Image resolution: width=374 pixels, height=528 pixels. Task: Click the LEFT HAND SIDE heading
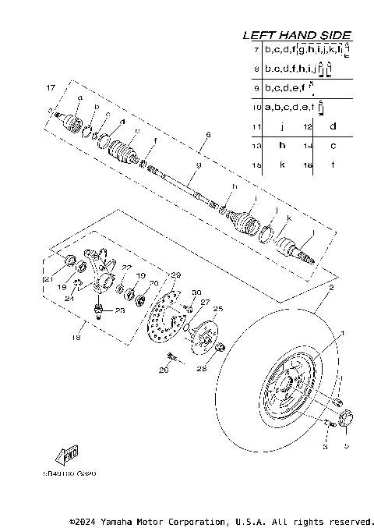pos(297,35)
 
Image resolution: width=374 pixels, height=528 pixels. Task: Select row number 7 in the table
pos(256,49)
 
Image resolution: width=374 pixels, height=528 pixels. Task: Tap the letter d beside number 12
pos(333,126)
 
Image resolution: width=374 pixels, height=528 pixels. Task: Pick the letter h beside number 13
pos(282,146)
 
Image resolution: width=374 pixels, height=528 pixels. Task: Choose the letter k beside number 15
pos(282,165)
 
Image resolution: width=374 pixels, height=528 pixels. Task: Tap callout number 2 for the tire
pos(330,289)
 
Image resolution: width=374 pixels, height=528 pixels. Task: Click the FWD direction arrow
pos(65,455)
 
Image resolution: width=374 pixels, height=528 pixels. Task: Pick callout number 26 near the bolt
pos(163,370)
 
